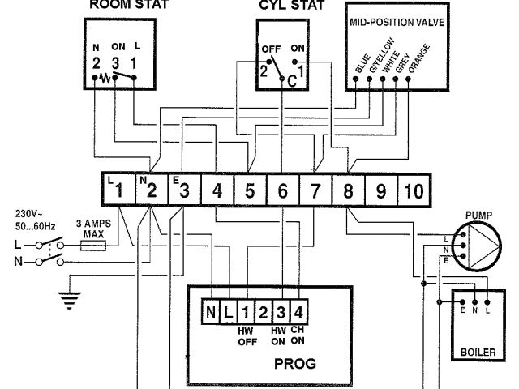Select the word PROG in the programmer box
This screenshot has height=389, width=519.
(295, 363)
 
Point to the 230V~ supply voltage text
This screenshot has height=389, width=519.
(32, 215)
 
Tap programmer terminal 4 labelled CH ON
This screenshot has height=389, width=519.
(299, 310)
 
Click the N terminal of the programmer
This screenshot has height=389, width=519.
(212, 310)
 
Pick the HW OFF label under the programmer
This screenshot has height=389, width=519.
(246, 336)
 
